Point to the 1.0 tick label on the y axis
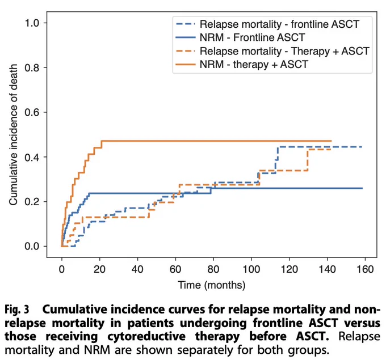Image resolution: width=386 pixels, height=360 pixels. click(x=32, y=23)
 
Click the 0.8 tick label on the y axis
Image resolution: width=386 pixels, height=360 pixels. click(x=32, y=67)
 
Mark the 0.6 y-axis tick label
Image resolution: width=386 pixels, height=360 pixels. click(x=32, y=112)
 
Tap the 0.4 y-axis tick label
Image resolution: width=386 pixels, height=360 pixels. click(x=32, y=157)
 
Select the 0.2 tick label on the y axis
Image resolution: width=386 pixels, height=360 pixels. click(x=32, y=202)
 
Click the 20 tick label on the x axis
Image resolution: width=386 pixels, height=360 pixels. click(x=99, y=269)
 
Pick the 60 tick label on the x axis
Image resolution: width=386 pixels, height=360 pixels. click(x=175, y=269)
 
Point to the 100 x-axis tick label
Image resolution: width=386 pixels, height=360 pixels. click(x=251, y=269)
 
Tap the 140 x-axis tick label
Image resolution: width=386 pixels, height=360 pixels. click(x=327, y=269)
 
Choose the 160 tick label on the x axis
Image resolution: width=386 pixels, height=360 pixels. click(x=365, y=269)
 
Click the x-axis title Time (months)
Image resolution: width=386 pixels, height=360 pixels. click(x=212, y=285)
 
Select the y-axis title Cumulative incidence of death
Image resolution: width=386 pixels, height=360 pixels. click(x=13, y=134)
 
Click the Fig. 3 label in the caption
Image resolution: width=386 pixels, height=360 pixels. click(x=16, y=310)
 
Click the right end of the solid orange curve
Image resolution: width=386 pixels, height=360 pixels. click(x=332, y=141)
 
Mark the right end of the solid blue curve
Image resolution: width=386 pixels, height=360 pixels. click(x=362, y=188)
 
